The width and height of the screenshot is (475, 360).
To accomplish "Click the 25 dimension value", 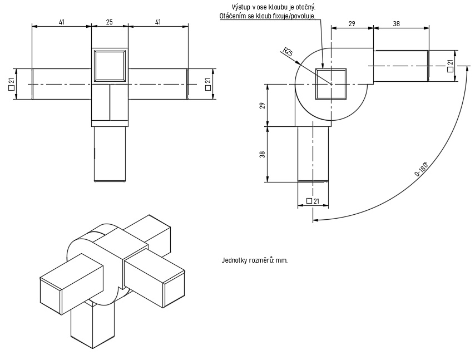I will tap(109, 22).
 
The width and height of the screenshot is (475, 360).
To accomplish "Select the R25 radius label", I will tap(288, 53).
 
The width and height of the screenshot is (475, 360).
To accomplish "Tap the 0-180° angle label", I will tap(422, 170).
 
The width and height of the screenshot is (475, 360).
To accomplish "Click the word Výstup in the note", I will tap(241, 7).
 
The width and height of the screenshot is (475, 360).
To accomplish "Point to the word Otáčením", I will tap(234, 16).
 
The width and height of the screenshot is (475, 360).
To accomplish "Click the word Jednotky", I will tap(235, 260).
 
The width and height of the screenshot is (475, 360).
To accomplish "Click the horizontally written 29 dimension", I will tap(352, 23).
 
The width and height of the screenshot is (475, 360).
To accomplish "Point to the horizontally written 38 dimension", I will tap(397, 23).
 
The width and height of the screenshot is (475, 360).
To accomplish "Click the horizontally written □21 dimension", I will tap(313, 201).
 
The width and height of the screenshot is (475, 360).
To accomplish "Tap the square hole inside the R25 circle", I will tap(331, 84).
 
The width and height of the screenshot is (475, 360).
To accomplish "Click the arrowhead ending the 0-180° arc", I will tap(315, 220).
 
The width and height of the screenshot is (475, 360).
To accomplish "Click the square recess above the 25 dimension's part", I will tap(110, 66).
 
